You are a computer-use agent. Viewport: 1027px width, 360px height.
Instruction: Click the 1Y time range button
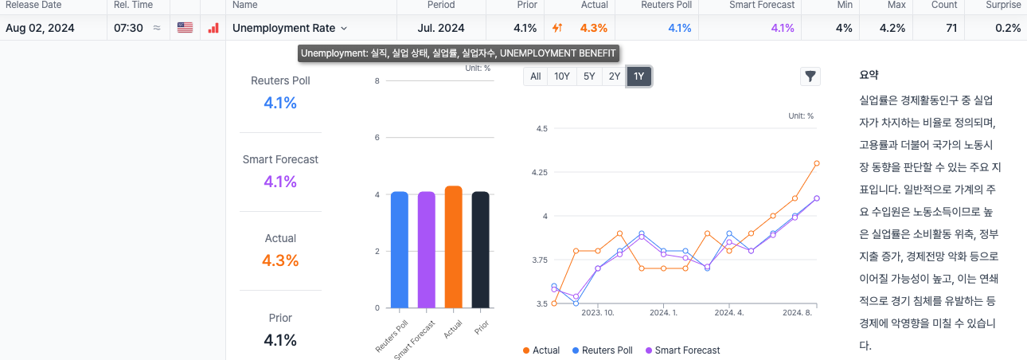tap(639, 76)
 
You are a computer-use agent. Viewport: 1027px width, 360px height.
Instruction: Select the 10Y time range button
tap(562, 76)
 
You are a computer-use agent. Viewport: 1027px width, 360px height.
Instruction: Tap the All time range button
tap(536, 76)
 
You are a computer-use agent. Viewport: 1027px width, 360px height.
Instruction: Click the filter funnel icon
tap(810, 76)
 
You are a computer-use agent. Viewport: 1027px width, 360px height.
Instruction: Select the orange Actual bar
tap(453, 247)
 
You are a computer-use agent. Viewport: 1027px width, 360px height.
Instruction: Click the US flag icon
tap(185, 28)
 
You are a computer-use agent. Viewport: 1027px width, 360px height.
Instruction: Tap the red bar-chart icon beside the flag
tap(213, 28)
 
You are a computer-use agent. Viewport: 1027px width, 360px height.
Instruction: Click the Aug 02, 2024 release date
tap(40, 28)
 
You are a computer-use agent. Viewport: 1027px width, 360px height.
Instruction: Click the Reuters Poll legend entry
tap(602, 350)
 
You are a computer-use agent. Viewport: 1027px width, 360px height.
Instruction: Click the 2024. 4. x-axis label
tap(729, 313)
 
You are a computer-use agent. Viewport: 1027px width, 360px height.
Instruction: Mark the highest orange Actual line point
tap(817, 163)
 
